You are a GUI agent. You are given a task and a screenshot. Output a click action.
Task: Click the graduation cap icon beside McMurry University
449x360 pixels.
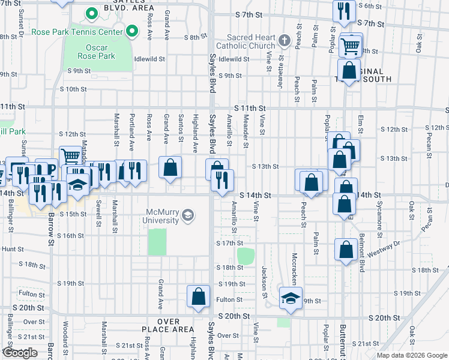coord(188,215)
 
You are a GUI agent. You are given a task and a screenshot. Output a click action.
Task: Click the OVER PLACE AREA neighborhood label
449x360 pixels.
coord(168,329)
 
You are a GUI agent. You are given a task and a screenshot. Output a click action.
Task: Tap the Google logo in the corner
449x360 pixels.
coord(20,352)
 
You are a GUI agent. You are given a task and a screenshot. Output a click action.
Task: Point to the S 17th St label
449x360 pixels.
coord(228,243)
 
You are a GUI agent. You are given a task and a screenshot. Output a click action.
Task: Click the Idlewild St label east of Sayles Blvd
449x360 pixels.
coord(234,59)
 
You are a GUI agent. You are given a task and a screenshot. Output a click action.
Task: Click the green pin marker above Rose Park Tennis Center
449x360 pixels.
coord(91,13)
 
